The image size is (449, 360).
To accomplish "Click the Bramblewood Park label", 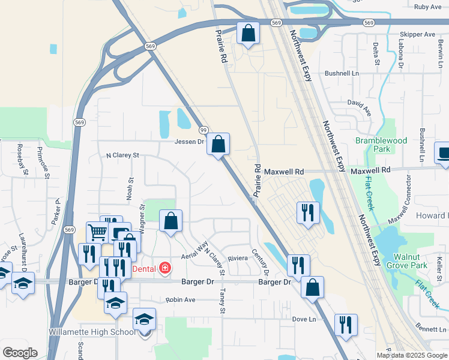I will click(x=381, y=145).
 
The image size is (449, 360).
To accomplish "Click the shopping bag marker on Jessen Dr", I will click(x=218, y=144).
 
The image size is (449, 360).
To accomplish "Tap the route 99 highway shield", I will click(x=203, y=130).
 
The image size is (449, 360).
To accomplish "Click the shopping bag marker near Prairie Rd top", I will click(x=248, y=34).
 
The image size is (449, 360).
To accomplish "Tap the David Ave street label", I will click(x=360, y=107).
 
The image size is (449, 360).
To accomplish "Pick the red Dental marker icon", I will click(x=164, y=268).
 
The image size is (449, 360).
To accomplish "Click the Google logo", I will click(x=20, y=353).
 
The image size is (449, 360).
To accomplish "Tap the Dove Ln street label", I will click(x=304, y=320).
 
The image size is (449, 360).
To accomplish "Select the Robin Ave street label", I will click(x=181, y=299).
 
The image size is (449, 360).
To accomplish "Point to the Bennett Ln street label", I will click(x=430, y=329).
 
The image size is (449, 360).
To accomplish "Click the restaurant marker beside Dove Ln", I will click(x=345, y=325).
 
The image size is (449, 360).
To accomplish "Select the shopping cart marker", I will click(x=97, y=232).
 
